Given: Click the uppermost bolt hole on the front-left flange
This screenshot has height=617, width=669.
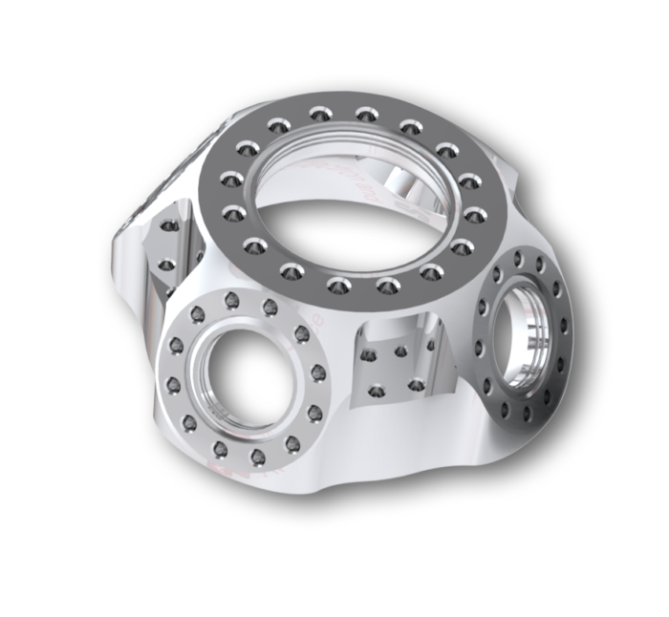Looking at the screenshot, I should coord(231,301).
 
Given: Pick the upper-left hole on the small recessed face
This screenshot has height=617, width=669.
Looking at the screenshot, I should coord(368,355).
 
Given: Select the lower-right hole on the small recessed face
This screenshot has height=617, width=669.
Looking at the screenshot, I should coord(416,385).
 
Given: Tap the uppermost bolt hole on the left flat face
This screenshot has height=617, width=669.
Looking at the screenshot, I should coord(168,227).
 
